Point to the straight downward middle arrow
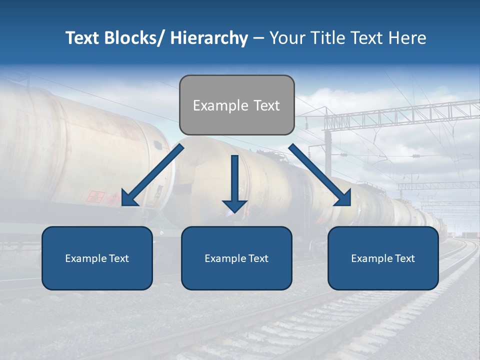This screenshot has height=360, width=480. (x=234, y=180)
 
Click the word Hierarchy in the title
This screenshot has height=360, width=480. (x=209, y=38)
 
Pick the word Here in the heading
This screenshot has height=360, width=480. (x=408, y=38)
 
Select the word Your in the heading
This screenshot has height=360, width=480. (x=286, y=38)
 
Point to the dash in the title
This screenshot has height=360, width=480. (x=258, y=38)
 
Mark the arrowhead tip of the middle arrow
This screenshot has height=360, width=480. (x=234, y=211)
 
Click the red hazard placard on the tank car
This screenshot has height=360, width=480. (x=95, y=196)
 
